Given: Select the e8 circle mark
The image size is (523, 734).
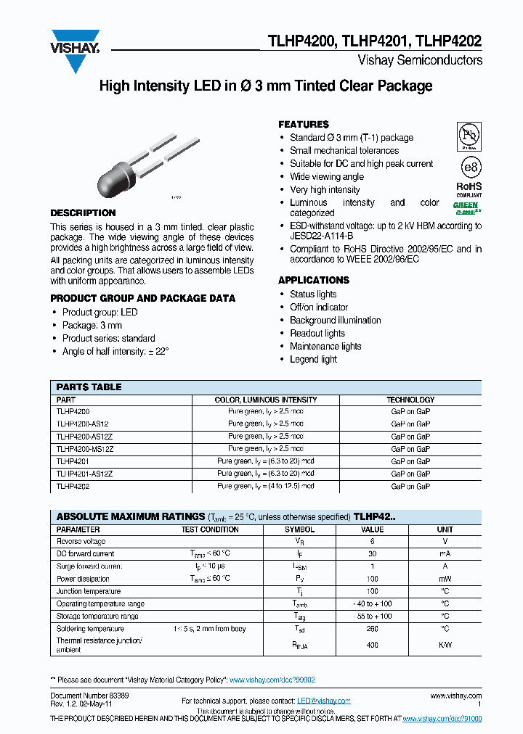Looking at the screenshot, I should (x=471, y=167).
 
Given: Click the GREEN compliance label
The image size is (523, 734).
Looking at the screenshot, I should (x=466, y=205).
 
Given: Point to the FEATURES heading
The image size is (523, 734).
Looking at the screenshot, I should (x=304, y=125).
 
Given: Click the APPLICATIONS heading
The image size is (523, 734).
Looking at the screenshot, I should (x=314, y=280).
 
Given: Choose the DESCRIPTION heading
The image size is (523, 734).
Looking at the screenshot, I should (x=83, y=213).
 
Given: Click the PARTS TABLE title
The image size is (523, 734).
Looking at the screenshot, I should (x=89, y=387).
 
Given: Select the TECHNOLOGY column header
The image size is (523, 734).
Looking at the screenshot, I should (x=410, y=400).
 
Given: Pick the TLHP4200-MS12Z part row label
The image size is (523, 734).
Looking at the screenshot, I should (x=84, y=449).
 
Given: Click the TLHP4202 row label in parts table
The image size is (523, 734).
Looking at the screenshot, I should (x=72, y=487).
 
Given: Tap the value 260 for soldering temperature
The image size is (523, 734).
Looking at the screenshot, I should (x=372, y=629).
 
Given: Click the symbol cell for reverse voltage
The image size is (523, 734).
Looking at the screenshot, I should (x=299, y=541).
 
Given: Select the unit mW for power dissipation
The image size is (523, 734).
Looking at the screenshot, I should (x=445, y=579).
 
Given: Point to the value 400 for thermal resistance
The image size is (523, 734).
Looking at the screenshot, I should (x=372, y=645).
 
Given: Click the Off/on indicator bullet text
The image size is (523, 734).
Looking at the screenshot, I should (x=319, y=308).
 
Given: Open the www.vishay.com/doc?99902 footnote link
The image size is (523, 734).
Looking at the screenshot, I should (x=272, y=680).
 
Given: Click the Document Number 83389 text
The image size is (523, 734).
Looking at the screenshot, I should (x=89, y=695).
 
